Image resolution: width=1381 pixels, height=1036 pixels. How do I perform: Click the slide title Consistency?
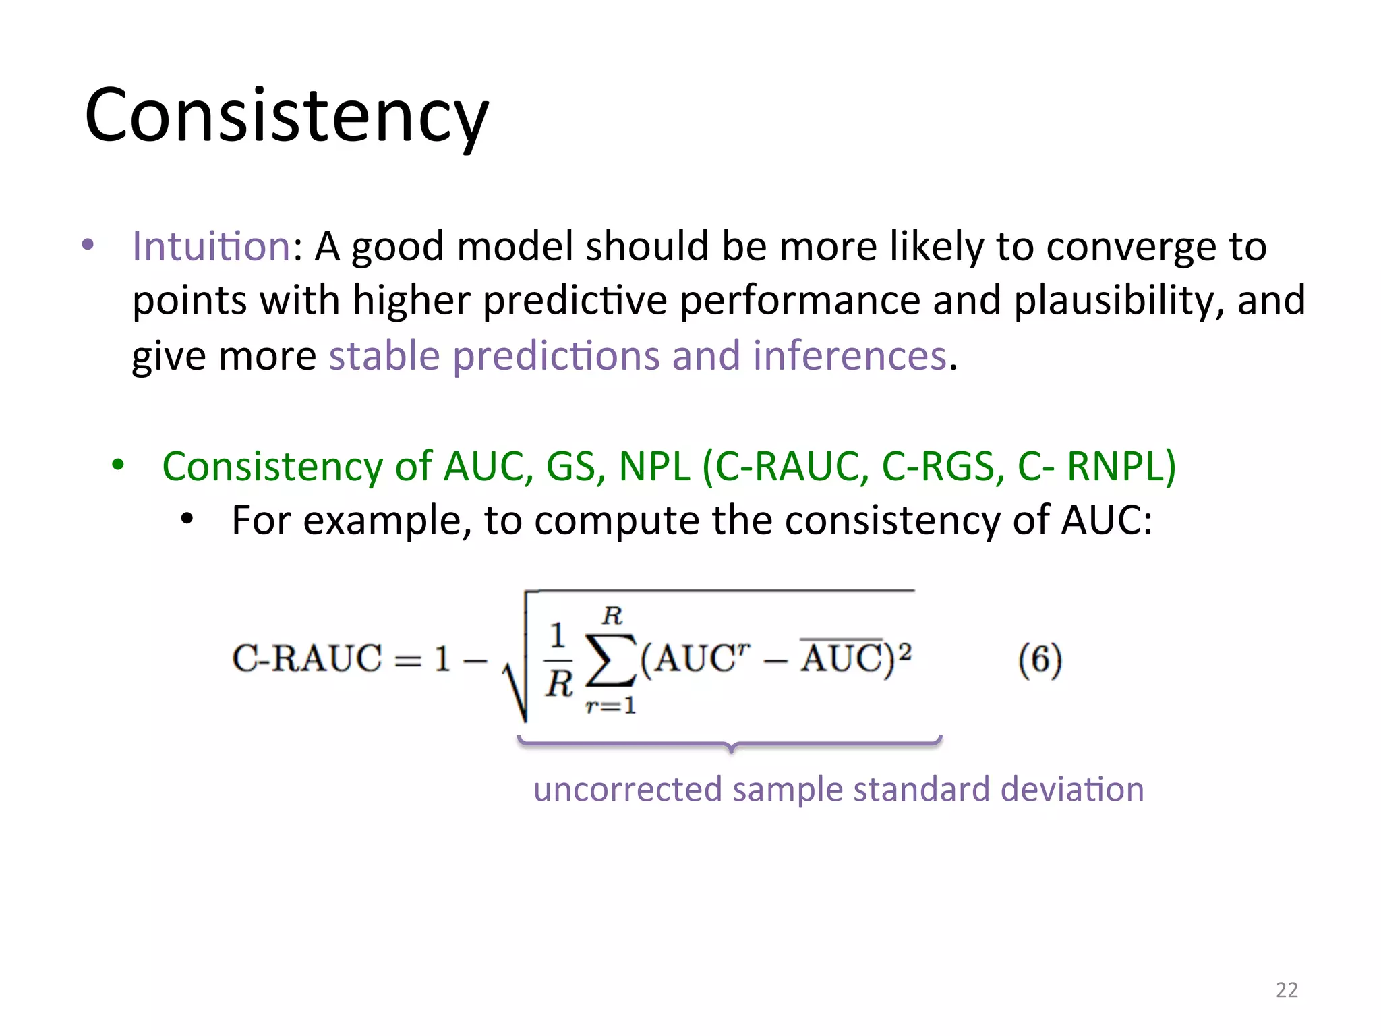pos(287,116)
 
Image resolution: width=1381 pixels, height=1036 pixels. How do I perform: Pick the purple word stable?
pos(384,355)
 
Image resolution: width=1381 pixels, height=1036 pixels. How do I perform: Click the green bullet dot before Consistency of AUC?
pos(118,465)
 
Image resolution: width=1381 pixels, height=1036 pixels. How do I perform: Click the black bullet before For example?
pos(187,519)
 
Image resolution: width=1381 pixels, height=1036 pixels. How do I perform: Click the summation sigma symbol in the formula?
pos(611,660)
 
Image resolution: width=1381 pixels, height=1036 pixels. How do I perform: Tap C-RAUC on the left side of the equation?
pos(306,659)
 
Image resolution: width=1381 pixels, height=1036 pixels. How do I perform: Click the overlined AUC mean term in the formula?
pos(842,657)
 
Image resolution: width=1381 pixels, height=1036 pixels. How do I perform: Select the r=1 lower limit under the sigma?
pos(610,706)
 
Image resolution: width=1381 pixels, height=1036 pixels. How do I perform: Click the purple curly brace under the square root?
pos(730,743)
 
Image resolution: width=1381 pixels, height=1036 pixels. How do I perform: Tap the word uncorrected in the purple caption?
pos(627,789)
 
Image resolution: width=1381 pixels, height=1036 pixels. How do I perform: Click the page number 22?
pos(1287,989)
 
